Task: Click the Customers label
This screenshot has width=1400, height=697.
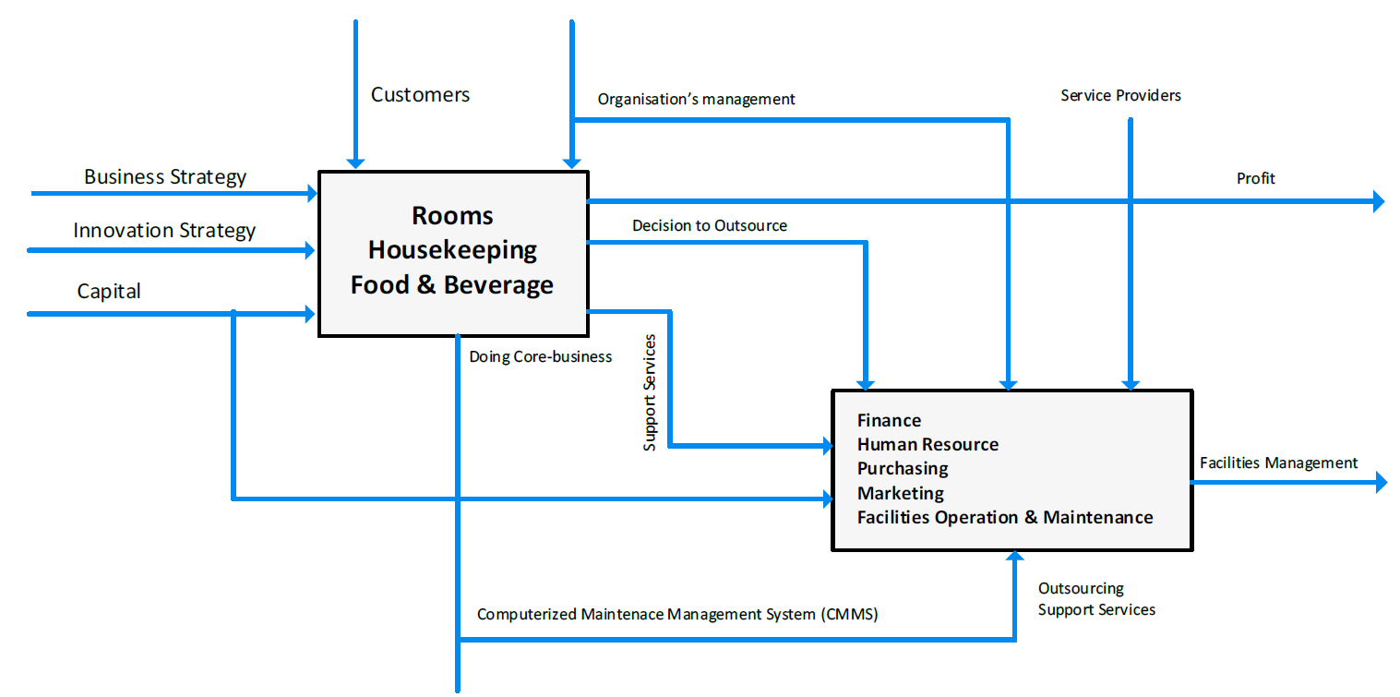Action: coord(420,95)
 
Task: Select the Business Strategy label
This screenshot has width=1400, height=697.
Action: coord(165,177)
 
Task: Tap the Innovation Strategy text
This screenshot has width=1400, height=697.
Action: coord(164,231)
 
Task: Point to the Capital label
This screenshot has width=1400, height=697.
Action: coord(109,292)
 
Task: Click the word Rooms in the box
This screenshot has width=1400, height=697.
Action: coord(452,216)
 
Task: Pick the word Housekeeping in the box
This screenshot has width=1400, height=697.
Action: coord(452,251)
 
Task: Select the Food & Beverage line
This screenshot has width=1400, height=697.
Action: coord(452,285)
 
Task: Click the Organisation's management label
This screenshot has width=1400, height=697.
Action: coord(696,100)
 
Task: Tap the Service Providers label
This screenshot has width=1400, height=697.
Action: coord(1120,96)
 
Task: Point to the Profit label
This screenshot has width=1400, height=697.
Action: coord(1256,179)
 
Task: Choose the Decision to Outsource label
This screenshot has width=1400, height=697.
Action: coord(710,225)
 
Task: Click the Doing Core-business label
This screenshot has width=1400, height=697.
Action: coord(541,357)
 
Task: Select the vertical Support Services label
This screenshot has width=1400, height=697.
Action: coord(650,392)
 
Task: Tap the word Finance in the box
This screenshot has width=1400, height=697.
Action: coord(889,421)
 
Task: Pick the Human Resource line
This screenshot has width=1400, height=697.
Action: coord(927,444)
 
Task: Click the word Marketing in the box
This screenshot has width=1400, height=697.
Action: coord(901,494)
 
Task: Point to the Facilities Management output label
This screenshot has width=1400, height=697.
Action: coord(1279,463)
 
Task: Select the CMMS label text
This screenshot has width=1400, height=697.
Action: coord(677,615)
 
